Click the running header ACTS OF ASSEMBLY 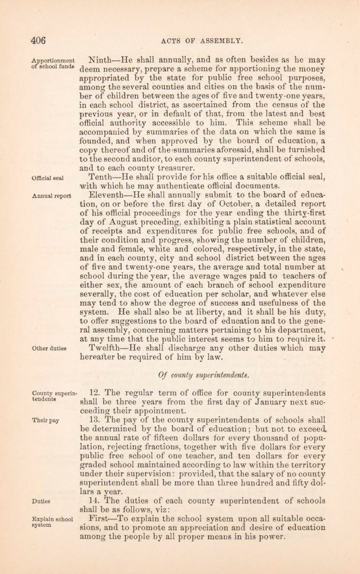tap(201, 40)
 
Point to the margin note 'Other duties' tap(49, 348)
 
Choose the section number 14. tap(97, 500)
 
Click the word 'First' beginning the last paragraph tap(101, 518)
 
